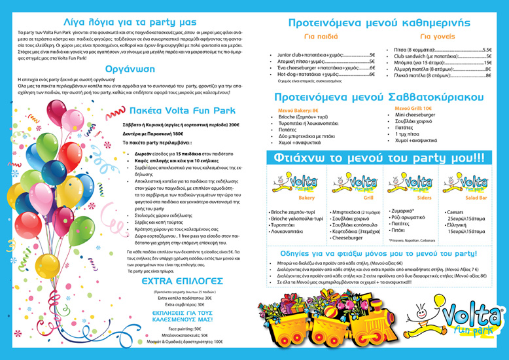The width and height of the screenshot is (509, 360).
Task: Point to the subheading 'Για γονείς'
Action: (434, 37)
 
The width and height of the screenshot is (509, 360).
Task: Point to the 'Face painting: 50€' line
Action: (184, 328)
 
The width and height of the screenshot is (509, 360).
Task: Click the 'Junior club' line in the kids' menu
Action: (325, 55)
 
